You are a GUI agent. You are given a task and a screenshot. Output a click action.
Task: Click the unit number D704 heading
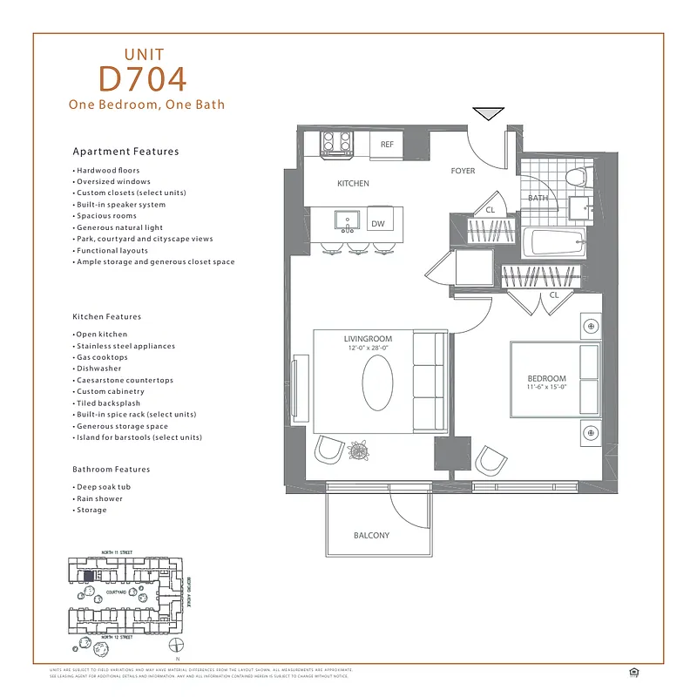pyautogui.click(x=143, y=78)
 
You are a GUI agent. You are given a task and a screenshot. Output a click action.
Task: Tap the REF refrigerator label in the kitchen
pyautogui.click(x=387, y=145)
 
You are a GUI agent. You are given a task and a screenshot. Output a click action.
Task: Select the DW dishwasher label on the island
pyautogui.click(x=377, y=224)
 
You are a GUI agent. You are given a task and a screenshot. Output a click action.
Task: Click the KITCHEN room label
pyautogui.click(x=353, y=184)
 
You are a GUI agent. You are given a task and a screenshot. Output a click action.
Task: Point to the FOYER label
pyautogui.click(x=463, y=171)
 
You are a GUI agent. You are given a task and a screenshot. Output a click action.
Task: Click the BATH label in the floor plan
pyautogui.click(x=537, y=199)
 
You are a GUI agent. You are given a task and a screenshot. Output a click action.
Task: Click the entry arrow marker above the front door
pyautogui.click(x=487, y=113)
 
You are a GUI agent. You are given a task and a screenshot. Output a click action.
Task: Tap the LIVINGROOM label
pyautogui.click(x=368, y=339)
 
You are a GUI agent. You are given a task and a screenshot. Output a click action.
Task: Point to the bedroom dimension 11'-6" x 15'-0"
pyautogui.click(x=547, y=387)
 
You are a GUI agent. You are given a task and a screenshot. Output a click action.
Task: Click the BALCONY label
pyautogui.click(x=372, y=535)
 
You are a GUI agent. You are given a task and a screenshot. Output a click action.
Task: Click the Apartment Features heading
pyautogui.click(x=125, y=152)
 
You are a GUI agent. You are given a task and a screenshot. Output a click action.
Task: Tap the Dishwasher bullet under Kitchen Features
pyautogui.click(x=97, y=369)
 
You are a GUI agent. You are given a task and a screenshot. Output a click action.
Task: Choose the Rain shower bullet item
pyautogui.click(x=99, y=498)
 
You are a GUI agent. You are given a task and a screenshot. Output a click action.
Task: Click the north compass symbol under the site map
pyautogui.click(x=177, y=645)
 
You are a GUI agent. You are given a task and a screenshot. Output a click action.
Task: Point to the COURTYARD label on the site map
pyautogui.click(x=117, y=591)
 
